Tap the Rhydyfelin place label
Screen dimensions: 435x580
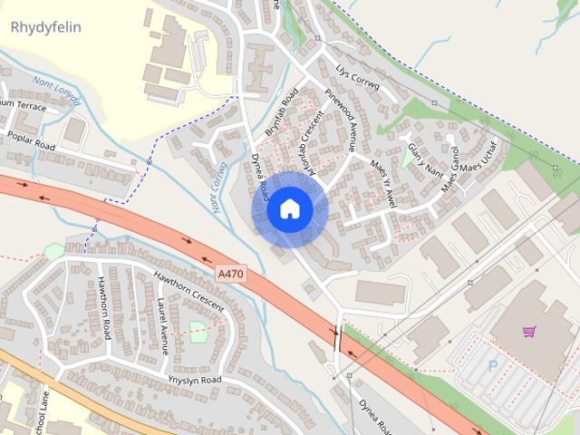pyautogui.click(x=45, y=27)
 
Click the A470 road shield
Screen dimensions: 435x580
pyautogui.click(x=231, y=273)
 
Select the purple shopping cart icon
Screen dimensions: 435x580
pyautogui.click(x=529, y=332)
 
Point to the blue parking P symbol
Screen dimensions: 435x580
pyautogui.click(x=493, y=367)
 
